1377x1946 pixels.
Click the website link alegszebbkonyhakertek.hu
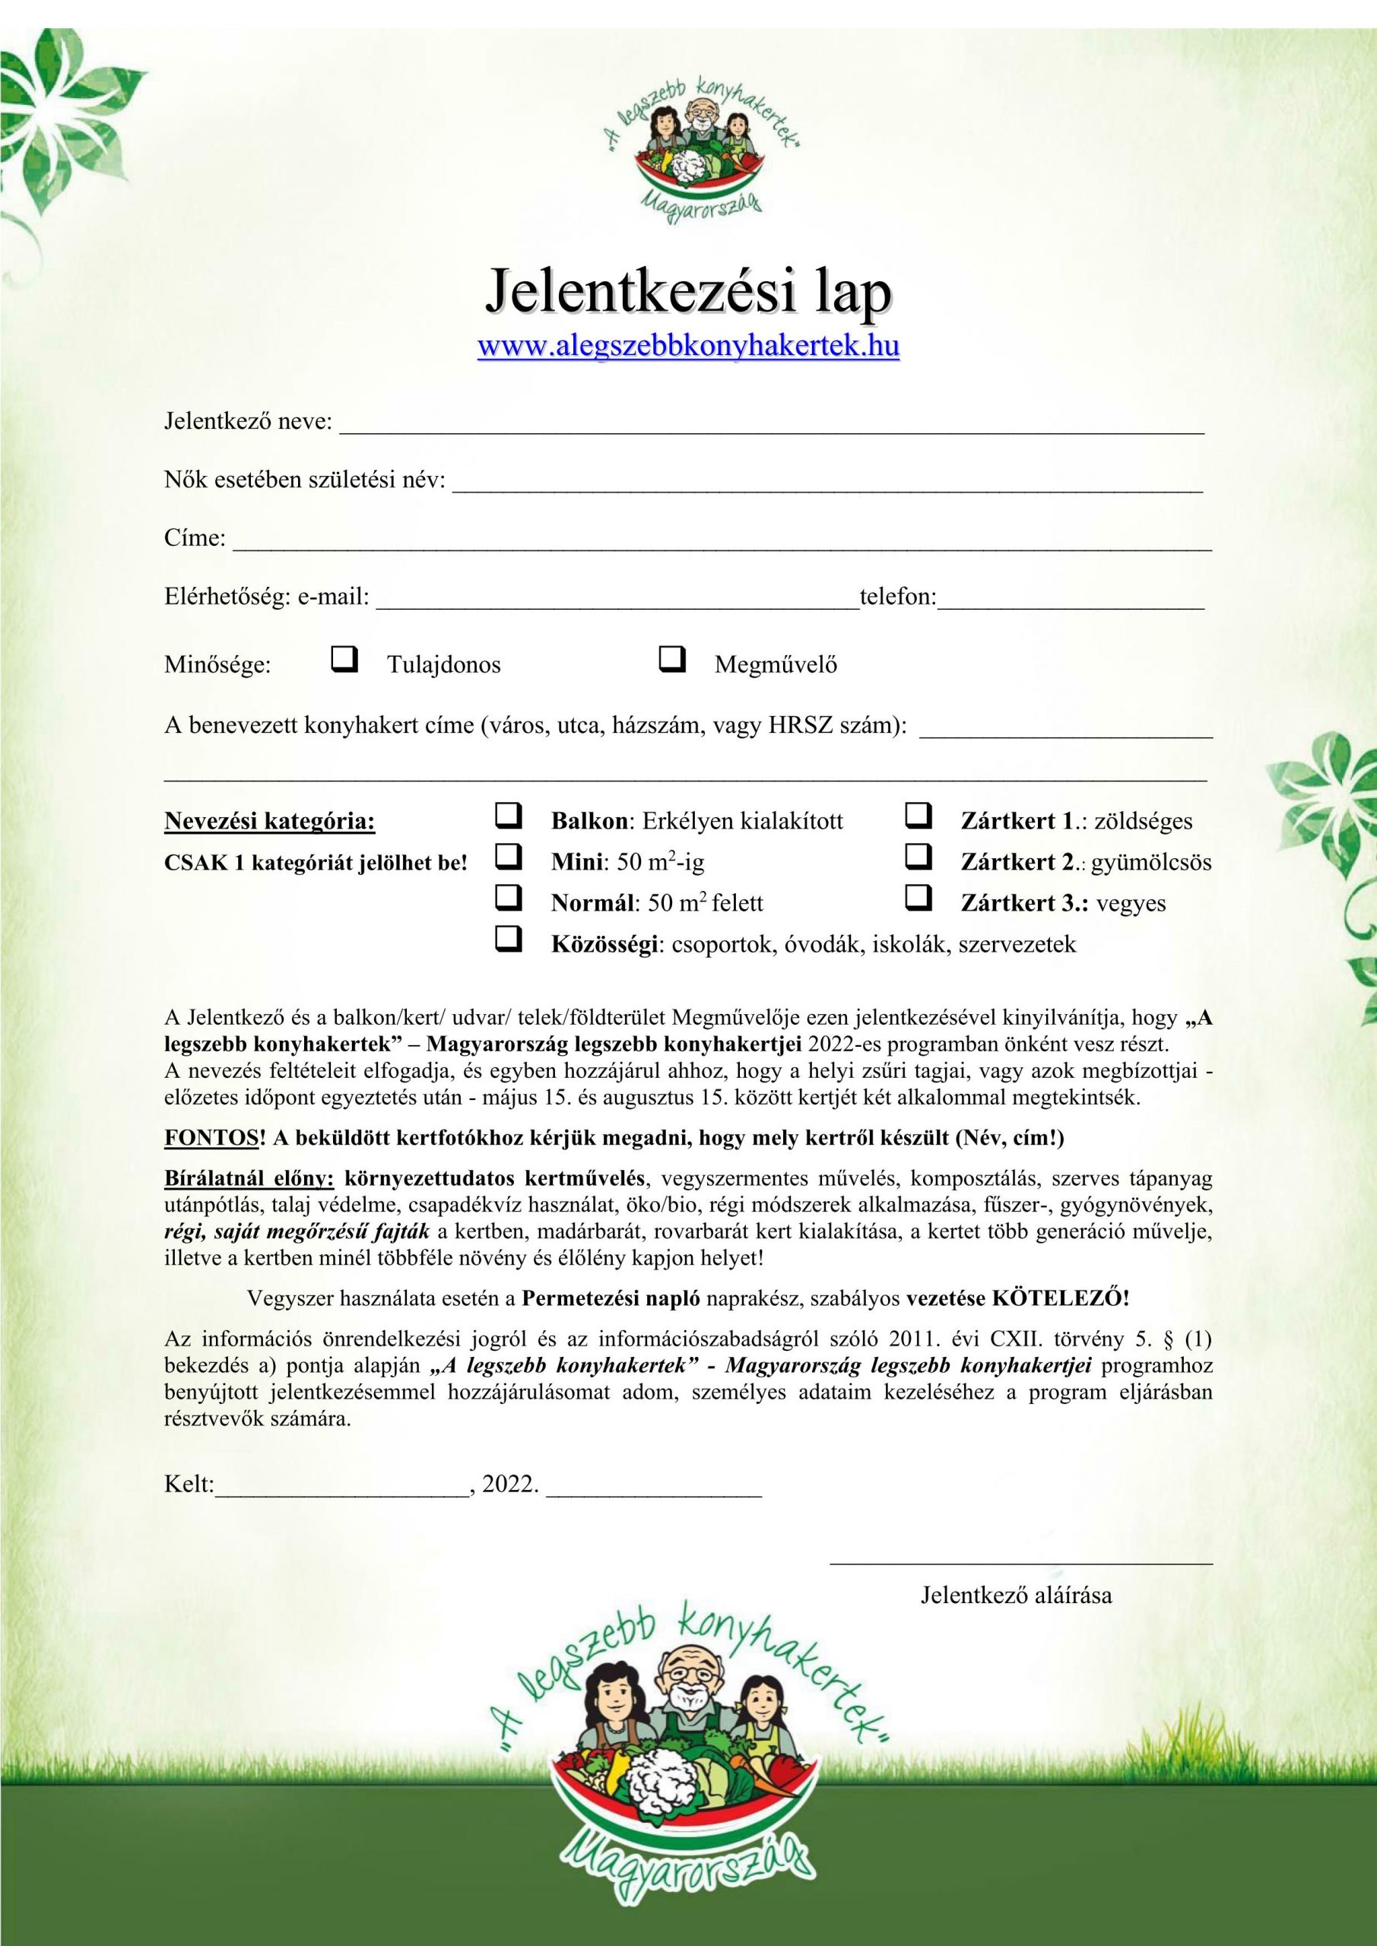coord(689,347)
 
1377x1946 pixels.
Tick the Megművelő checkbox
coord(671,658)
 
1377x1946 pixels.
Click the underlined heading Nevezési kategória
coord(270,821)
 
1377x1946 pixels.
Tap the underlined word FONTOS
coord(211,1138)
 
